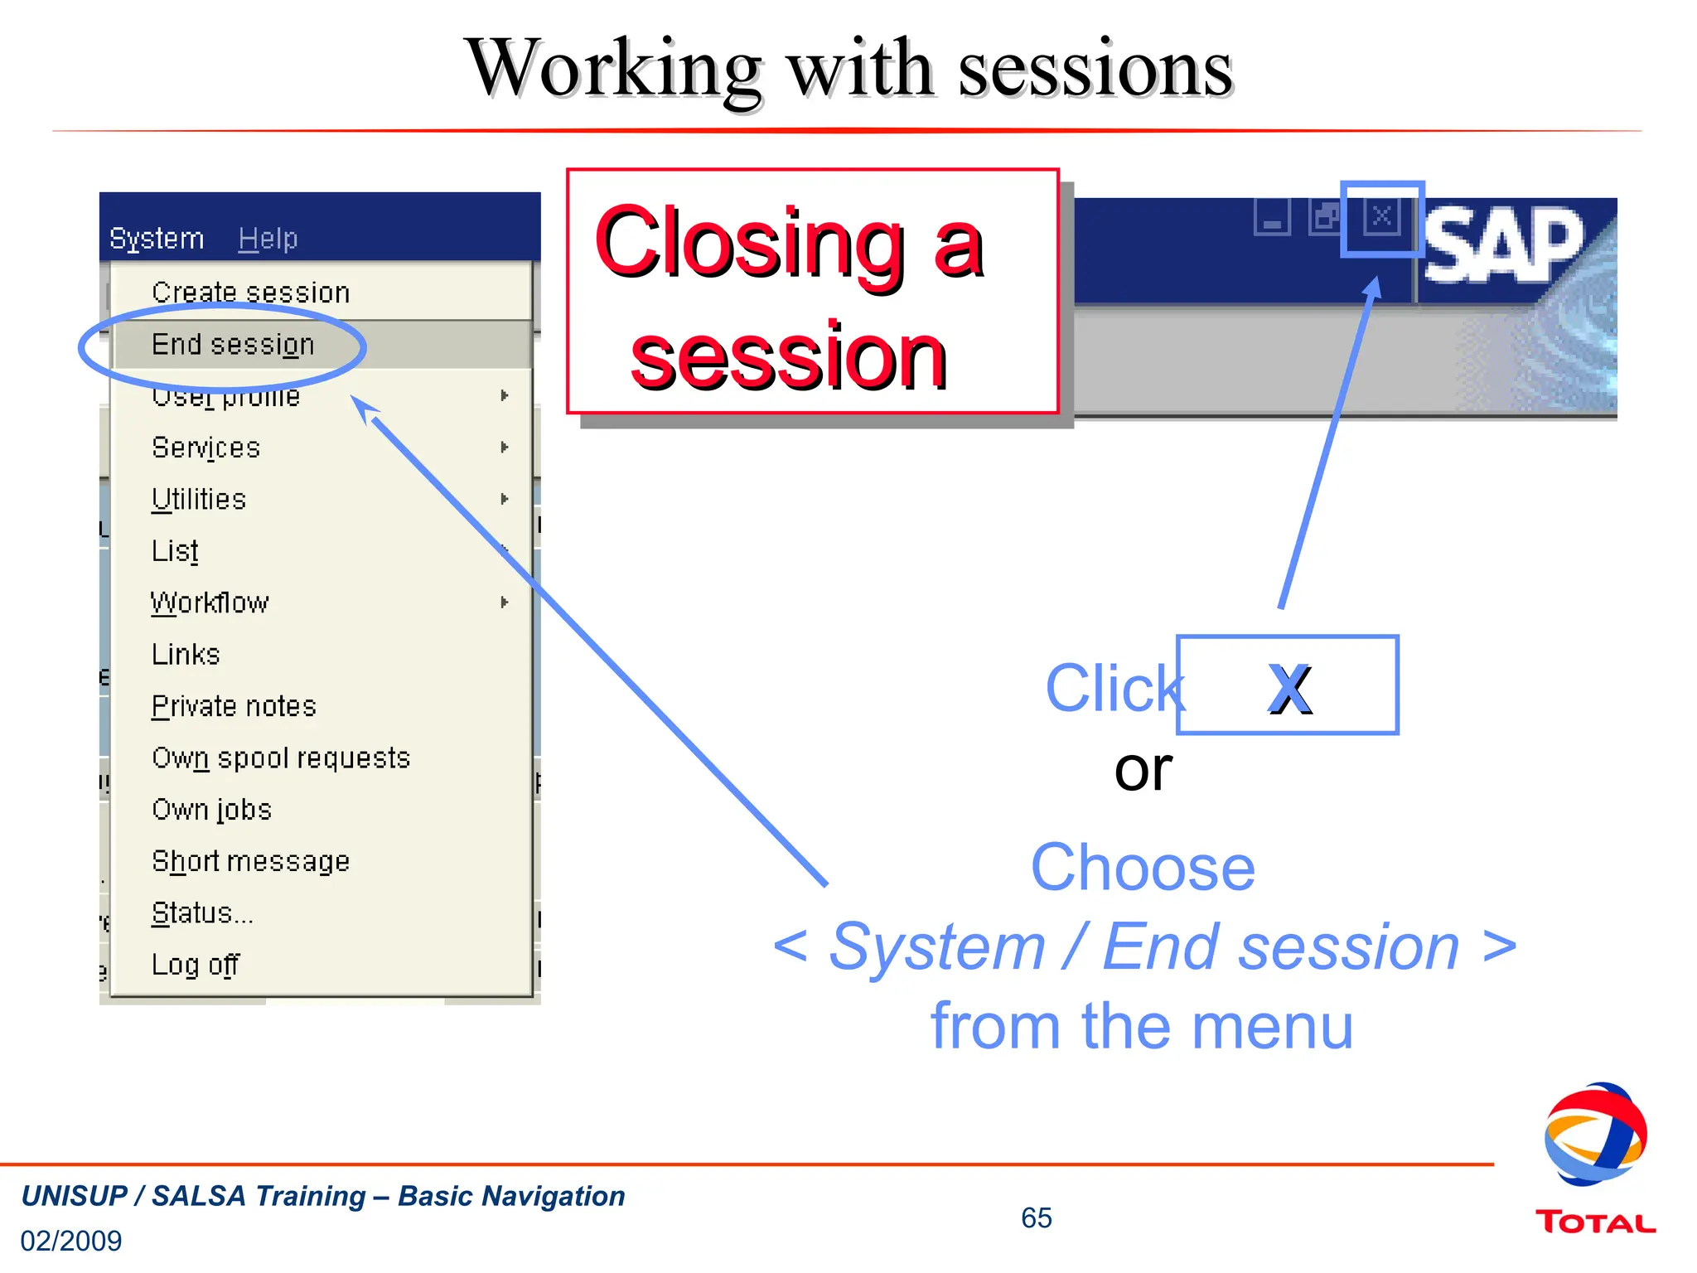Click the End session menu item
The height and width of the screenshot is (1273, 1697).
(x=233, y=344)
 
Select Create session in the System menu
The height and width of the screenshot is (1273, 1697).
(x=250, y=293)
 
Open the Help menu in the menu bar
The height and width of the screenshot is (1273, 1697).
(x=268, y=239)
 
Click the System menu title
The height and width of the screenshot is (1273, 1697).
(x=157, y=239)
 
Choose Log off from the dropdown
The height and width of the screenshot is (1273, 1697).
(x=196, y=965)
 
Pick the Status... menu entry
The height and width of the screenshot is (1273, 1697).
(x=202, y=913)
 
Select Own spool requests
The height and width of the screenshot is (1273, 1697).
(x=281, y=758)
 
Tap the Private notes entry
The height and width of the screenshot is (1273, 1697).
(x=234, y=706)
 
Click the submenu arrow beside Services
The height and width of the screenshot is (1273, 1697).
(x=504, y=448)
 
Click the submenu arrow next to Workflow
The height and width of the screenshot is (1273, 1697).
(x=504, y=603)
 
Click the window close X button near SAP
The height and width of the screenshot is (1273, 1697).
(x=1381, y=217)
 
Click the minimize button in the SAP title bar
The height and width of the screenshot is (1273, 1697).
(x=1272, y=218)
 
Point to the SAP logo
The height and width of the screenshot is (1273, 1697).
(x=1504, y=244)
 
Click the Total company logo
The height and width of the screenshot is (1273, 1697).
(x=1595, y=1160)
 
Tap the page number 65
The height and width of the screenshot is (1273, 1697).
(x=1036, y=1217)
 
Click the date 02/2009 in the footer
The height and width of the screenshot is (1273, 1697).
(x=71, y=1241)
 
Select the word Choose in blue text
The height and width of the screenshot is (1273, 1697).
(x=1143, y=868)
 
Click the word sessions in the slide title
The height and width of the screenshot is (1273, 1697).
(x=1095, y=70)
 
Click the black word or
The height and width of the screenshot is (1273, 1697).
(x=1143, y=769)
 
